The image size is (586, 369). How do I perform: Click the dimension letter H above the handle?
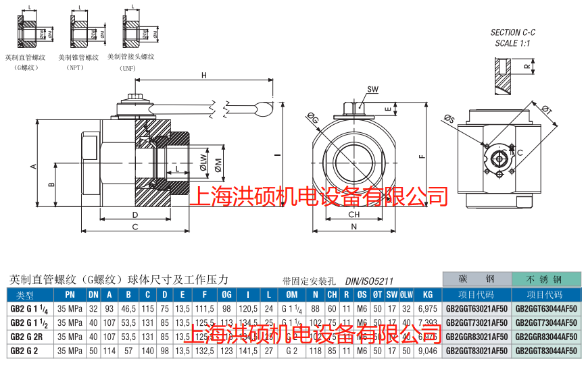point(203,76)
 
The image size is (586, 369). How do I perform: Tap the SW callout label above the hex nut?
point(373,89)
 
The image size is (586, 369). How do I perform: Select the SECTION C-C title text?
point(513,32)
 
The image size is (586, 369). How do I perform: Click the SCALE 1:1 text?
point(513,42)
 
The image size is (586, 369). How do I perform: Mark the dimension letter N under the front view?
point(353,227)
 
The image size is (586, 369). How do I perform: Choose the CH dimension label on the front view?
point(353,215)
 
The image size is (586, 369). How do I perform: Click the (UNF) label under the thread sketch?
point(128,68)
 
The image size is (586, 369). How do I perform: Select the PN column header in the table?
point(70,295)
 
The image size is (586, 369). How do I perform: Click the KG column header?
point(427,295)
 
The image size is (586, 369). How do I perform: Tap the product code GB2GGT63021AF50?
point(477,308)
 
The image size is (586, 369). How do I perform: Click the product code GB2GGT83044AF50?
point(546,350)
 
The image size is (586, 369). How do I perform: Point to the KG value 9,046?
point(427,350)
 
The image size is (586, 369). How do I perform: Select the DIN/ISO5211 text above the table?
point(369,281)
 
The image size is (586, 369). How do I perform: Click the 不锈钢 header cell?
point(546,279)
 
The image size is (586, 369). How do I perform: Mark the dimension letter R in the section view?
point(527,66)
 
